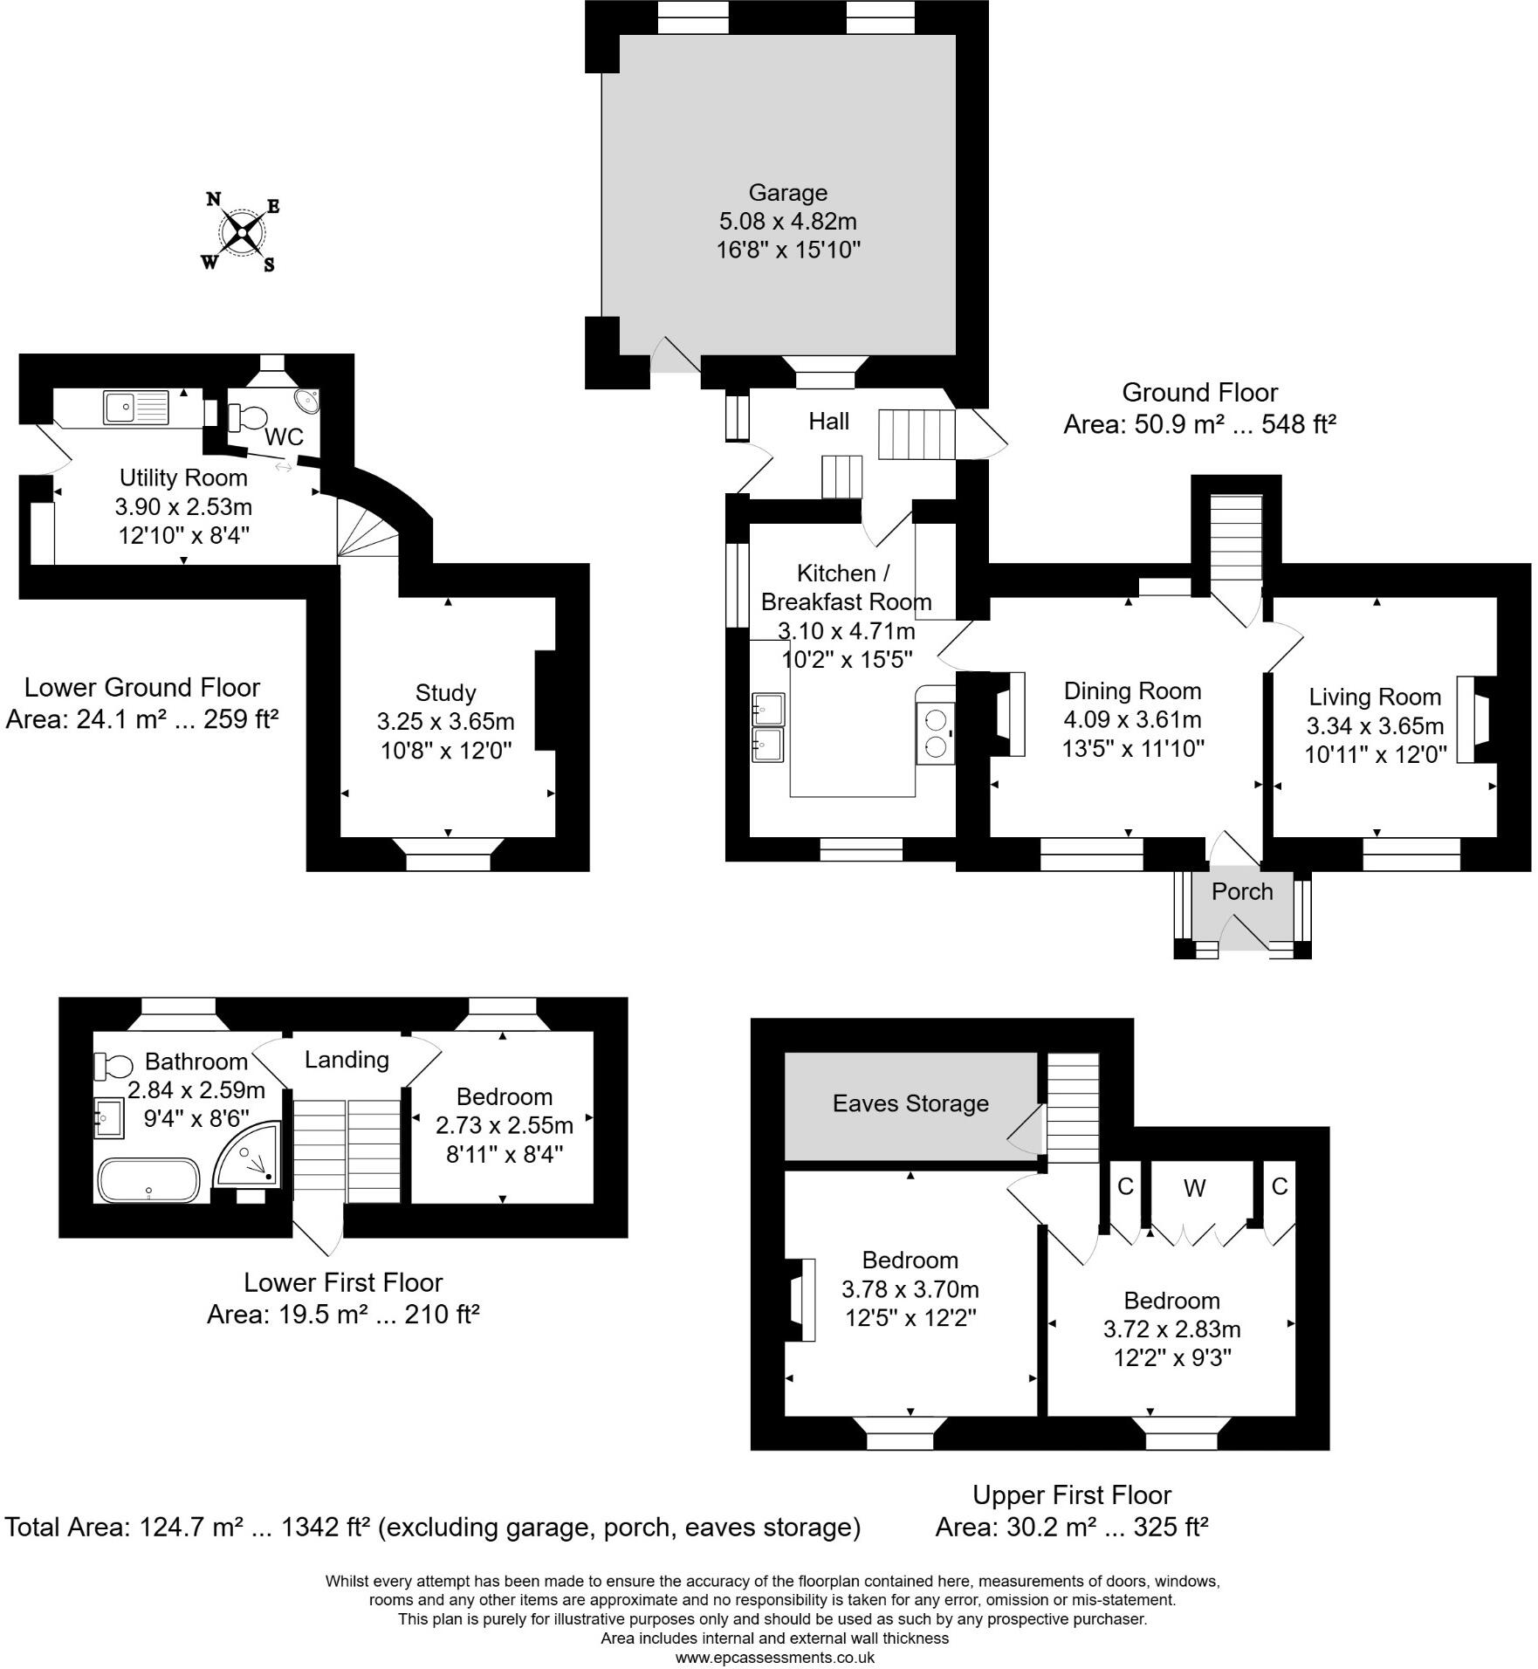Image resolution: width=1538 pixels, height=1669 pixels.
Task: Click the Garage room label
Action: click(788, 193)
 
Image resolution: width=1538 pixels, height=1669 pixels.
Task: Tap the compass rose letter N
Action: click(214, 198)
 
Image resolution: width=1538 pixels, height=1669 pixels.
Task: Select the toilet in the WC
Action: click(249, 416)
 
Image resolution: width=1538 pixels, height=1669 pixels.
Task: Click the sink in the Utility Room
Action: click(135, 407)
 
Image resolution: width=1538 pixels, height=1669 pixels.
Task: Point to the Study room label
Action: click(445, 693)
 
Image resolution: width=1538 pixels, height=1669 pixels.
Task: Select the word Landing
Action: click(347, 1060)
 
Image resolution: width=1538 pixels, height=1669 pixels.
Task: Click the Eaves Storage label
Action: click(910, 1103)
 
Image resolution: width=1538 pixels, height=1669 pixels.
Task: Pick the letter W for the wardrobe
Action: click(1194, 1187)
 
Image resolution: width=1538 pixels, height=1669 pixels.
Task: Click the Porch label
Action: click(1242, 891)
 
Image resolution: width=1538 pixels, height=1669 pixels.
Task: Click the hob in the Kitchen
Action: click(936, 733)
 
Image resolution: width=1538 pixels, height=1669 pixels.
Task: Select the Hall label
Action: click(828, 422)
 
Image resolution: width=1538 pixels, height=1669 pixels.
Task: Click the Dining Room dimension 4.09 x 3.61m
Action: click(1132, 720)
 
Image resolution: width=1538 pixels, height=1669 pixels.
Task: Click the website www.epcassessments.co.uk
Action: click(774, 1657)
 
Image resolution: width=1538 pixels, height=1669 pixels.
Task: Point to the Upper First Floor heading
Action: click(1071, 1495)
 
